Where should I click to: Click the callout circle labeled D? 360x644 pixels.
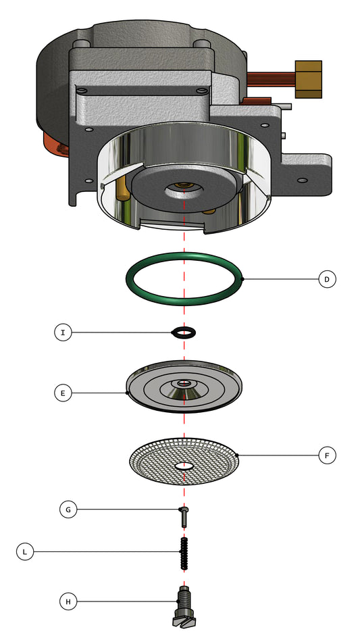pos(327,279)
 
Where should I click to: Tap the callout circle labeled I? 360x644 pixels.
pos(63,332)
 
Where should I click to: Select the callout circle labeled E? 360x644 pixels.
pos(63,393)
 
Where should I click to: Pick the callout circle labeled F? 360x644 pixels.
pos(327,455)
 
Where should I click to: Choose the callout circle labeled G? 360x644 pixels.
pos(68,510)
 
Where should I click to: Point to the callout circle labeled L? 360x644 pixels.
pos(25,551)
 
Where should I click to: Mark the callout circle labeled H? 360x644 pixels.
pos(68,601)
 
